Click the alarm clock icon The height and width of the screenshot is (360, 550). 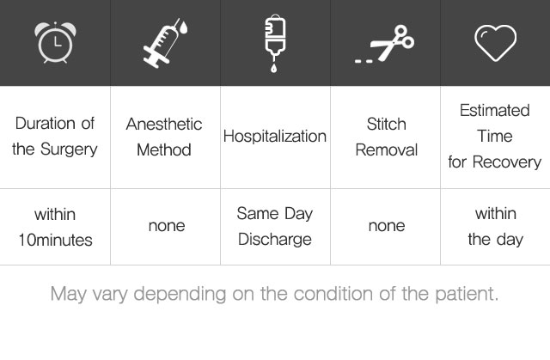(55, 42)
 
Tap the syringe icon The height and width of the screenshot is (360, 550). (162, 45)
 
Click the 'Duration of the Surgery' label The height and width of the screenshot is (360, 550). (55, 137)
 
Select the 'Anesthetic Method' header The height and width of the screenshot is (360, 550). (164, 137)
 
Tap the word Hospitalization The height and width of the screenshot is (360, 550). (275, 137)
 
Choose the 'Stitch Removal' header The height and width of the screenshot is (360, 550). (387, 137)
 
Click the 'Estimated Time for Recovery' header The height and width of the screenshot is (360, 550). (495, 136)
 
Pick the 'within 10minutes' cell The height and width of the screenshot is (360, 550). (55, 227)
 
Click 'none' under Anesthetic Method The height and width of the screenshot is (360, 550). (167, 226)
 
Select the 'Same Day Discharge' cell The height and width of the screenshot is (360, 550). (275, 227)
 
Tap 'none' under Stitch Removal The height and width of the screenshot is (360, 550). (387, 226)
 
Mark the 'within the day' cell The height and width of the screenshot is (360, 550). (495, 227)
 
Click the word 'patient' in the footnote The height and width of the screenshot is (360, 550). (467, 294)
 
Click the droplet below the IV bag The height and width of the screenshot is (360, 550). (273, 68)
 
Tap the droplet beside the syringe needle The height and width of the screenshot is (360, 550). (183, 27)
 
